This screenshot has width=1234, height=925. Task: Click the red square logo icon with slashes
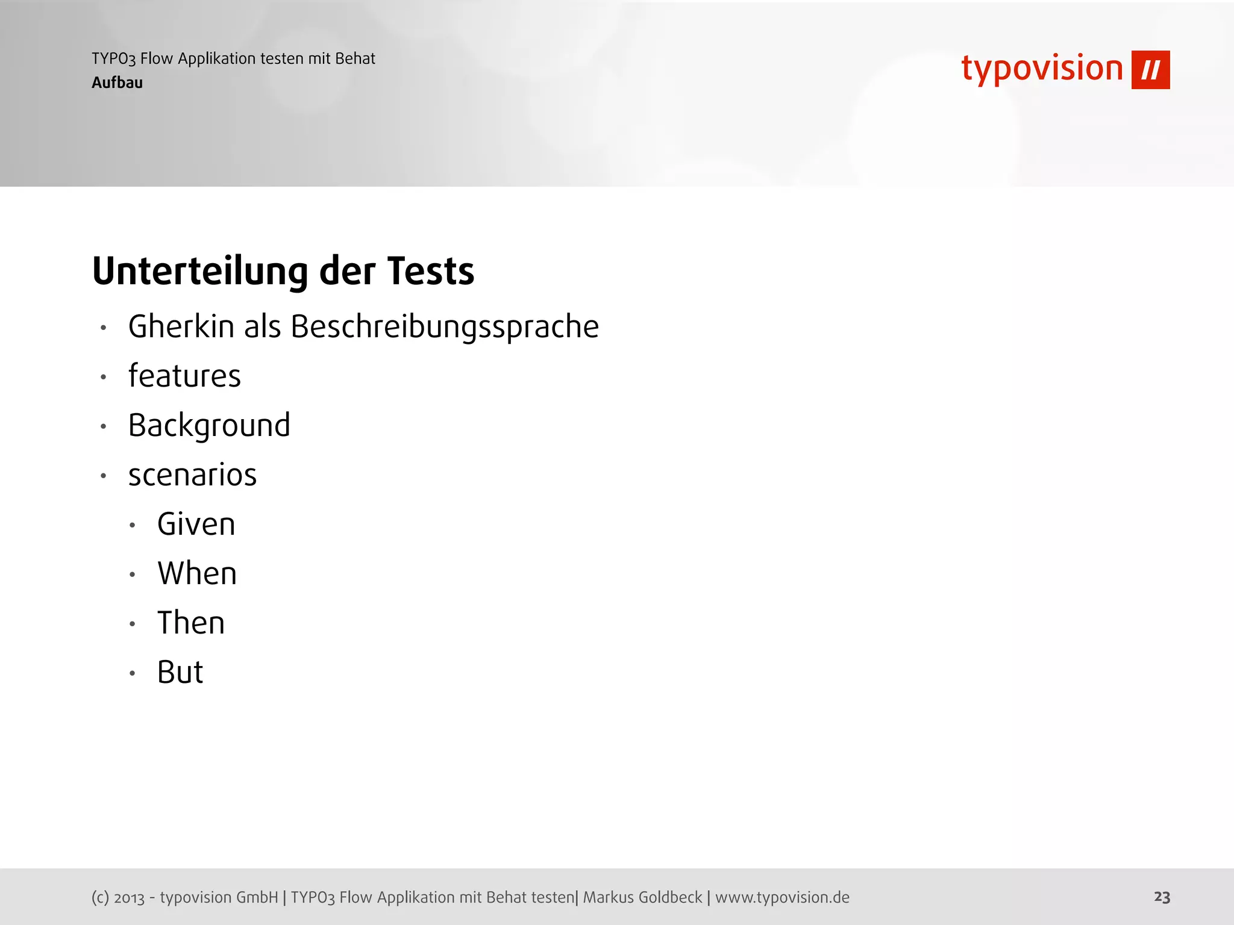[x=1150, y=70]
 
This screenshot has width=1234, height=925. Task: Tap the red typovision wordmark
[x=1042, y=69]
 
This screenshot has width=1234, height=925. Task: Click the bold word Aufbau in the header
[x=117, y=83]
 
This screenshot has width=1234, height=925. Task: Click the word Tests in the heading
[x=431, y=271]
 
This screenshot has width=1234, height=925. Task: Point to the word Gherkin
[x=181, y=327]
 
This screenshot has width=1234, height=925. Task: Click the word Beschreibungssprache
[x=445, y=327]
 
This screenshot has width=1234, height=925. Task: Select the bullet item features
[x=184, y=376]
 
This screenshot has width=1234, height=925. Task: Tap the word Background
[x=209, y=426]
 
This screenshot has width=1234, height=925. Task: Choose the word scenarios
[x=192, y=475]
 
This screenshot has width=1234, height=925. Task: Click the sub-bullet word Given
[x=196, y=525]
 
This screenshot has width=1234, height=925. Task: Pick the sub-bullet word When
[x=197, y=573]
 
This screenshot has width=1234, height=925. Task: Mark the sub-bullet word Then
[x=190, y=623]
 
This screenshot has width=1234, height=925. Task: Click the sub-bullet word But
[x=180, y=672]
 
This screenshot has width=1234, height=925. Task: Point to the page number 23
[x=1162, y=897]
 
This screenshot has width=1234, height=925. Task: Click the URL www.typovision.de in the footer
[x=782, y=897]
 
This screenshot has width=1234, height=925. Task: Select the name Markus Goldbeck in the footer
[x=642, y=897]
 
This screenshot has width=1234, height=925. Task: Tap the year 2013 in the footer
[x=130, y=898]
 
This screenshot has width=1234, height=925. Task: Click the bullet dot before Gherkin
[x=104, y=328]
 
